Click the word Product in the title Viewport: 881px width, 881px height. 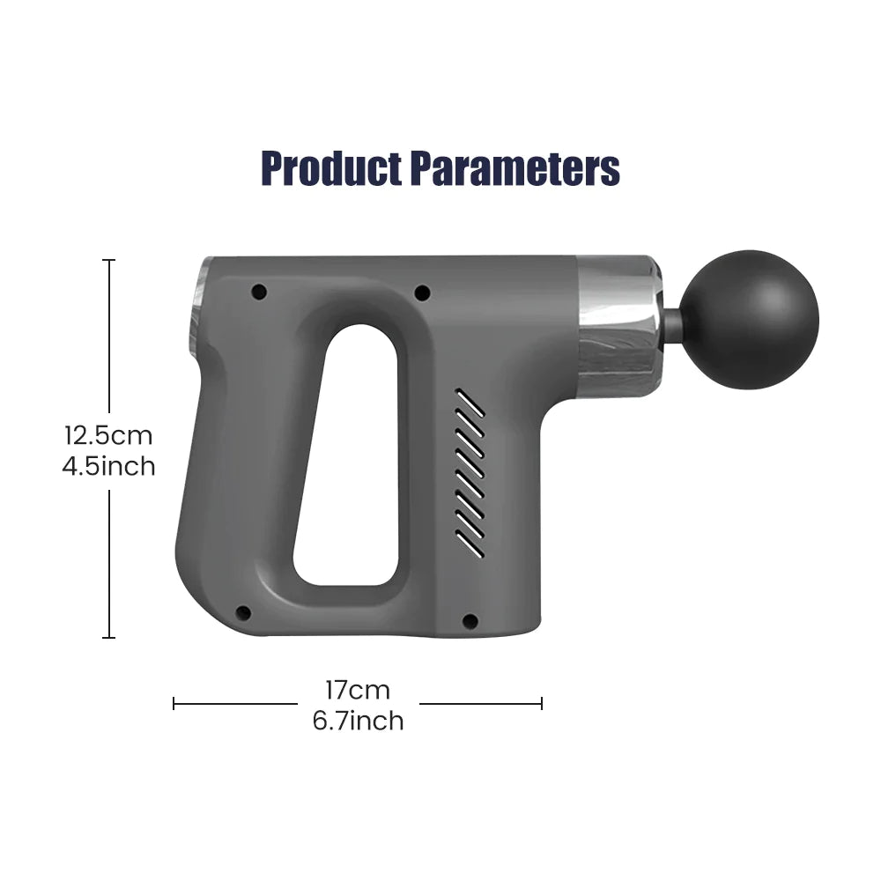tap(332, 168)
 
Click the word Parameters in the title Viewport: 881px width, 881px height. tap(515, 168)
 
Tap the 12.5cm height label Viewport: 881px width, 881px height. tap(108, 435)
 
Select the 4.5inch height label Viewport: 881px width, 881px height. tap(108, 466)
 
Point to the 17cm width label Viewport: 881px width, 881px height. tap(358, 689)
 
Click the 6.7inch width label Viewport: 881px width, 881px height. tap(358, 721)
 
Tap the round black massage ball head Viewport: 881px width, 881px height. tap(751, 319)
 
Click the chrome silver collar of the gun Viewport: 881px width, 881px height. tap(618, 326)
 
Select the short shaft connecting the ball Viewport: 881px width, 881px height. tap(673, 325)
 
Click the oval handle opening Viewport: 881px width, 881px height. tap(350, 454)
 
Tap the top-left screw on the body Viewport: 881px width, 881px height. tap(258, 292)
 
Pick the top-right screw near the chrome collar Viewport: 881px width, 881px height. tap(422, 292)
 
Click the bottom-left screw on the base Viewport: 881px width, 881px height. tap(243, 613)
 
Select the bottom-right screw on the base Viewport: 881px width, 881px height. tap(470, 621)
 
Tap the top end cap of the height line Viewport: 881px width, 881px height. tap(109, 260)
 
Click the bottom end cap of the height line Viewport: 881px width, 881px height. tap(109, 637)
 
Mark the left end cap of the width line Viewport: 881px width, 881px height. tap(174, 703)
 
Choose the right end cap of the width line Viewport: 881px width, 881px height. tap(541, 703)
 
